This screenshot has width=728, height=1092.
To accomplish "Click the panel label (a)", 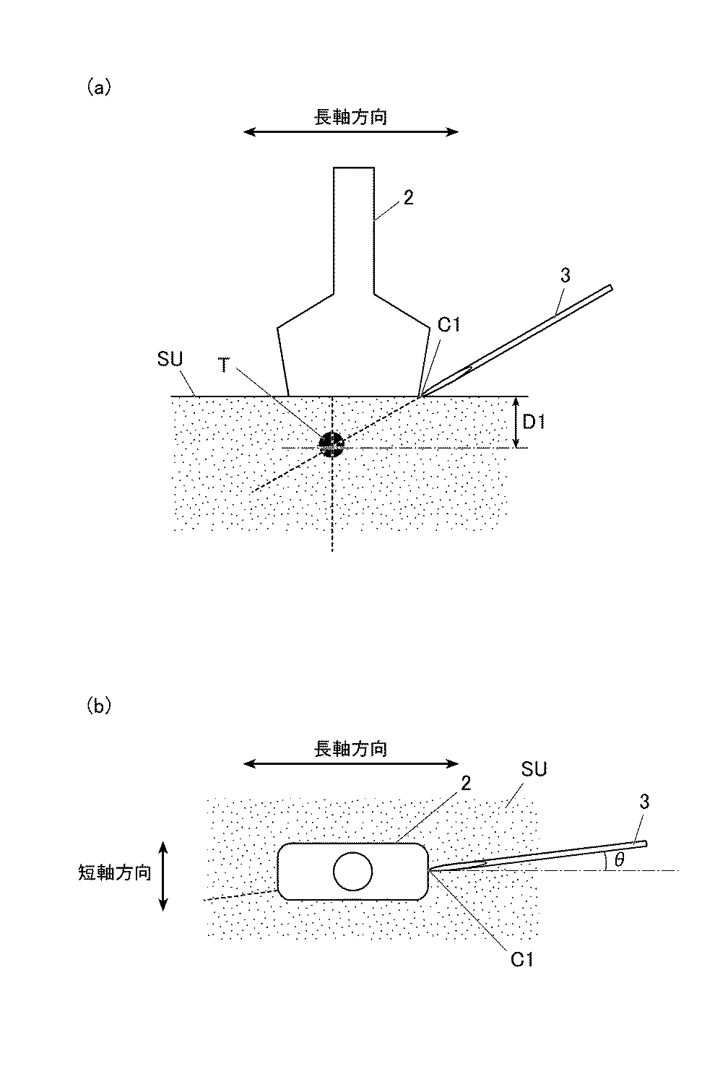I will click(99, 87).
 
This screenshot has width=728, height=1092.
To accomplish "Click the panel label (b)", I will click(99, 706).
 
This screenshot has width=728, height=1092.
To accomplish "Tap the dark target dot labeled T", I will click(331, 444).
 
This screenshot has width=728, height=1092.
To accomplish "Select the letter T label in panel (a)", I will click(225, 365).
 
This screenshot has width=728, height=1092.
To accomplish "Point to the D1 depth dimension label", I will click(534, 421).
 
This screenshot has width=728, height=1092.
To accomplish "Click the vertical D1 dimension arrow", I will click(514, 422).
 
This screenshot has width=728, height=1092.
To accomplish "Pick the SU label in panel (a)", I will click(170, 359).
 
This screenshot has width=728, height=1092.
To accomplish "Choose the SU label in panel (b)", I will click(534, 770).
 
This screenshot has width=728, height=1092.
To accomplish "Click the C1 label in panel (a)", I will click(448, 326).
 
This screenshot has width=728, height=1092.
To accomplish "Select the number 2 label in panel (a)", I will click(409, 198).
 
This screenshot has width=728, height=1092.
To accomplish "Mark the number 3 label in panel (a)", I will click(565, 275).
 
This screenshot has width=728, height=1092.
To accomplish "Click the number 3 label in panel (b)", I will click(644, 801).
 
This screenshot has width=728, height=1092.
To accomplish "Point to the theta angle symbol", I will click(619, 859).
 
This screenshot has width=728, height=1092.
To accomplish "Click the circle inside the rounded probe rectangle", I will click(352, 872).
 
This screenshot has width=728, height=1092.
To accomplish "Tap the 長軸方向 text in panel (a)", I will click(351, 117).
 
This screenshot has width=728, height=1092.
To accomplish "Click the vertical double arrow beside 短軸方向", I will click(163, 875).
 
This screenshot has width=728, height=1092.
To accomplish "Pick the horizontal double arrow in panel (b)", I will click(351, 764).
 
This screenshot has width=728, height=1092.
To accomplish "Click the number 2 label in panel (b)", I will click(466, 783).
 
